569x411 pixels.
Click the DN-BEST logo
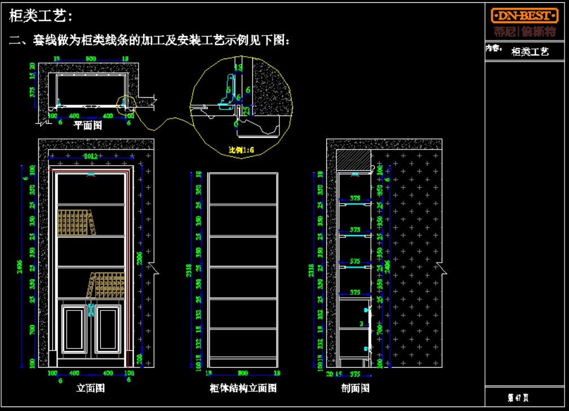[x=524, y=15]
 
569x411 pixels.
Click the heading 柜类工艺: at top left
[x=41, y=16]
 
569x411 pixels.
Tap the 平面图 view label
[x=88, y=125]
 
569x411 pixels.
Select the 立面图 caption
[x=90, y=388]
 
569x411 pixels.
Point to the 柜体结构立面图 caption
[x=243, y=388]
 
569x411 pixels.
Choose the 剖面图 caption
[x=355, y=388]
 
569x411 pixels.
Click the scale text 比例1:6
[x=241, y=150]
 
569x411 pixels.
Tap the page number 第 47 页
[x=518, y=398]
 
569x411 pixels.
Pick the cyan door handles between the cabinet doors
[x=90, y=310]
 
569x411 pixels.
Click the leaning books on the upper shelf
[x=75, y=222]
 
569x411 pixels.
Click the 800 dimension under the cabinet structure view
[x=243, y=372]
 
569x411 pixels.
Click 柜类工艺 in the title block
[x=530, y=52]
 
